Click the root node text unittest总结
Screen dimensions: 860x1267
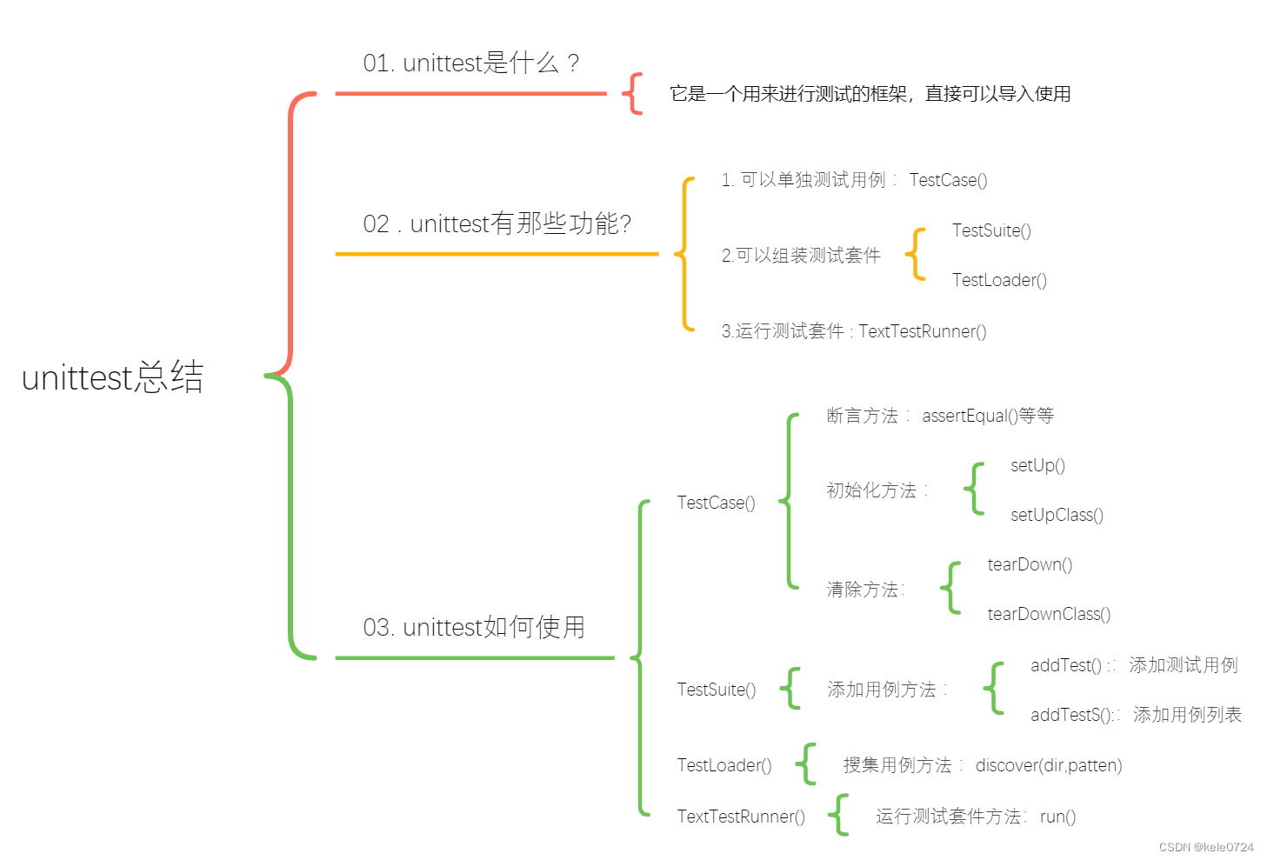(x=112, y=377)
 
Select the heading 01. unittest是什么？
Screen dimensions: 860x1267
(x=470, y=63)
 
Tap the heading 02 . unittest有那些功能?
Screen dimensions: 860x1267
(x=497, y=223)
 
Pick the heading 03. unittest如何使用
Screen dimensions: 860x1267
(x=474, y=627)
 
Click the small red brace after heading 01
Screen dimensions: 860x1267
(x=634, y=93)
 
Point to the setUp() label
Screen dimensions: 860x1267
(x=1037, y=465)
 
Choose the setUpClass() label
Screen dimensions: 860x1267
(x=1057, y=515)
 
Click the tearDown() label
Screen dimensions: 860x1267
(x=1030, y=564)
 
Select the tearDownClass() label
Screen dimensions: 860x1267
(x=1049, y=614)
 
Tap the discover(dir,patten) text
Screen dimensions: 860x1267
(x=1049, y=765)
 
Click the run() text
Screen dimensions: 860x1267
(x=1057, y=817)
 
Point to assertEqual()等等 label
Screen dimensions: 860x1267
(x=988, y=416)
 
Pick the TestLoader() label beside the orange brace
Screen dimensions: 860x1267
(x=999, y=280)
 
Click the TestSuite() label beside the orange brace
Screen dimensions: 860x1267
(x=991, y=230)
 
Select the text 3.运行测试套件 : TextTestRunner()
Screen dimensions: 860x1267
(x=853, y=331)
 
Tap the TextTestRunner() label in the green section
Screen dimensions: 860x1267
(x=741, y=817)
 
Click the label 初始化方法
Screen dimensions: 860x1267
(x=871, y=490)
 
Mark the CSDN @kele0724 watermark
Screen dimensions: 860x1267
(x=1206, y=847)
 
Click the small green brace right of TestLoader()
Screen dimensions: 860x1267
(x=806, y=764)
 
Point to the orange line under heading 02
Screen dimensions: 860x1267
(x=497, y=254)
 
